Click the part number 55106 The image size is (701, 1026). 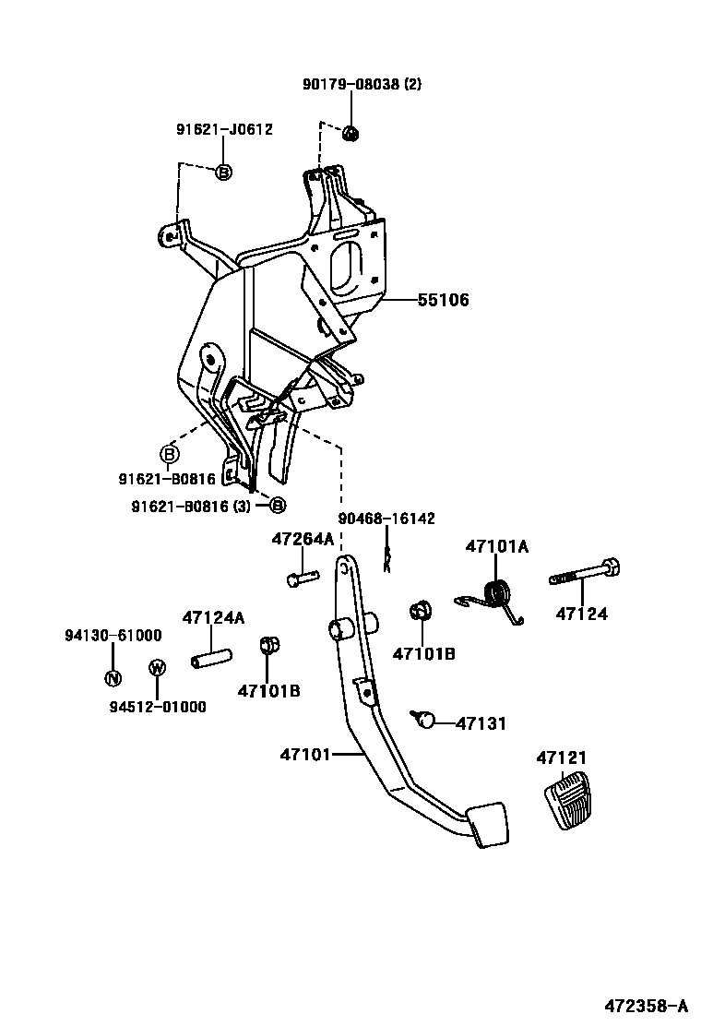pos(443,300)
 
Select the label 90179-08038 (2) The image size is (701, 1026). pos(362,84)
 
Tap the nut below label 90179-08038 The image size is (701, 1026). pos(350,134)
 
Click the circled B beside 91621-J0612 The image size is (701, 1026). pos(223,172)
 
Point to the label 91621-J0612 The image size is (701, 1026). pos(224,130)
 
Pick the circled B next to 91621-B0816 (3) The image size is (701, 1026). pos(278,505)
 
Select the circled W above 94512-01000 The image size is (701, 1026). pos(157,667)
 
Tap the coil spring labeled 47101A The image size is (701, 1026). pos(498,596)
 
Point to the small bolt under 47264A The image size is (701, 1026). pos(301,578)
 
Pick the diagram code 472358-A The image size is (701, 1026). pos(646,1005)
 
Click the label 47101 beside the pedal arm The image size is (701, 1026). pos(304,755)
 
